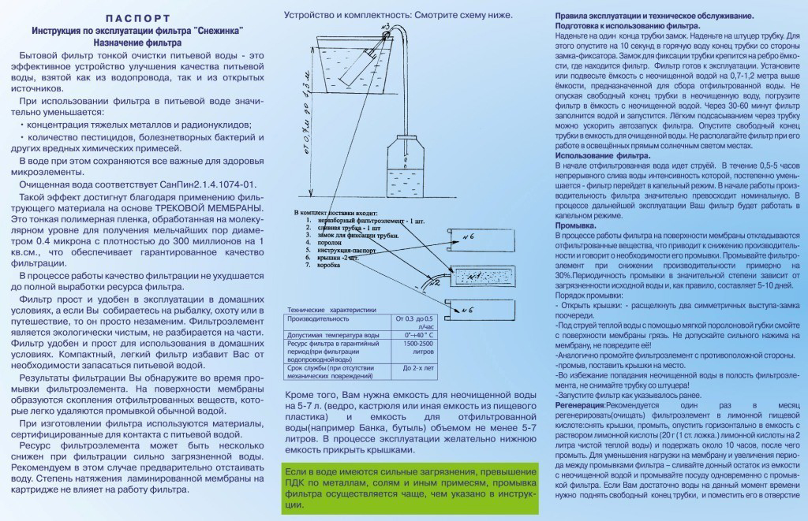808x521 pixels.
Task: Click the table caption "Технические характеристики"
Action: (x=331, y=310)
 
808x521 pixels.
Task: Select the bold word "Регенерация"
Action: (x=579, y=404)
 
